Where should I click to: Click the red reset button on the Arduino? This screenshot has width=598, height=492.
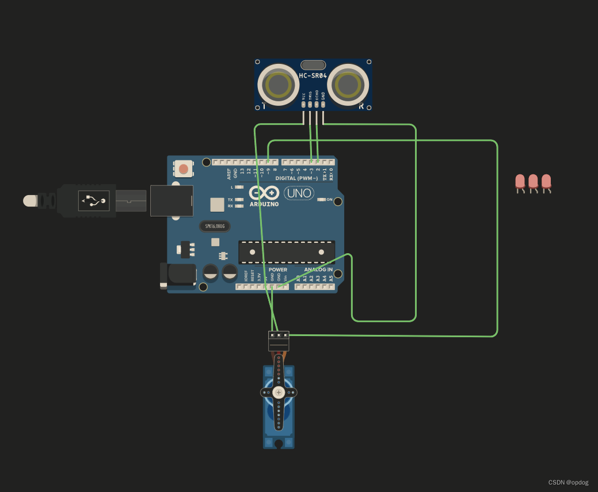click(183, 169)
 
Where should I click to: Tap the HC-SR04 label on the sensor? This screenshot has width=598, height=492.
click(313, 76)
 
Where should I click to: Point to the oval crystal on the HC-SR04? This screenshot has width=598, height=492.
click(313, 64)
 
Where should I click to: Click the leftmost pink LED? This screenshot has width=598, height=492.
click(520, 182)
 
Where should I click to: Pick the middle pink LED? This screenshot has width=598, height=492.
click(534, 182)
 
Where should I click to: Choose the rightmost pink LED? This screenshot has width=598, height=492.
click(546, 182)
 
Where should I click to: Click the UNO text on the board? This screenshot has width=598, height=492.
click(299, 193)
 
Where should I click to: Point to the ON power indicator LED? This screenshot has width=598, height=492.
click(322, 200)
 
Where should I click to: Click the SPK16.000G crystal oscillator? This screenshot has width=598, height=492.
click(214, 226)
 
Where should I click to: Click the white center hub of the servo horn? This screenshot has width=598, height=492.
click(279, 392)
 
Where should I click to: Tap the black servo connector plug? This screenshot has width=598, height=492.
click(279, 341)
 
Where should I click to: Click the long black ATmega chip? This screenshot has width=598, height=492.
click(287, 252)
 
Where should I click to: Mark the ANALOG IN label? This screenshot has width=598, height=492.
click(318, 269)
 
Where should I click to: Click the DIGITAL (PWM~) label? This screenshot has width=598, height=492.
click(296, 178)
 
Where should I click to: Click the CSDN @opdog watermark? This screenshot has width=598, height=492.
click(569, 482)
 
